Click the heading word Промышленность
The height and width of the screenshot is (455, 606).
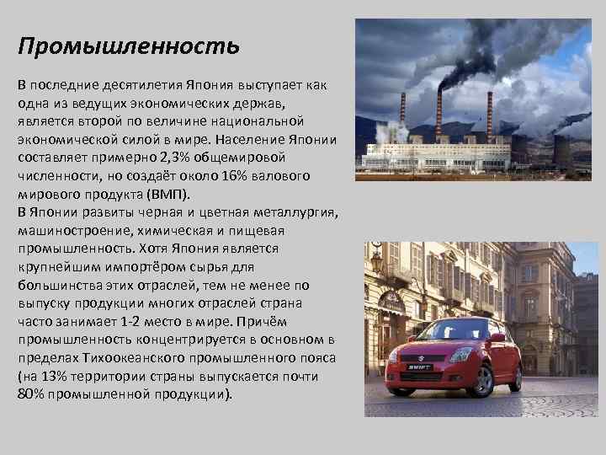coord(129,45)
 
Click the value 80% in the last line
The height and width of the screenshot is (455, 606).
coord(33,393)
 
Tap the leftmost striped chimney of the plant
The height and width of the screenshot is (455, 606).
coord(403,118)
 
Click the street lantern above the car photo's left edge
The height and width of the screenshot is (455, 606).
coord(375,261)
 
